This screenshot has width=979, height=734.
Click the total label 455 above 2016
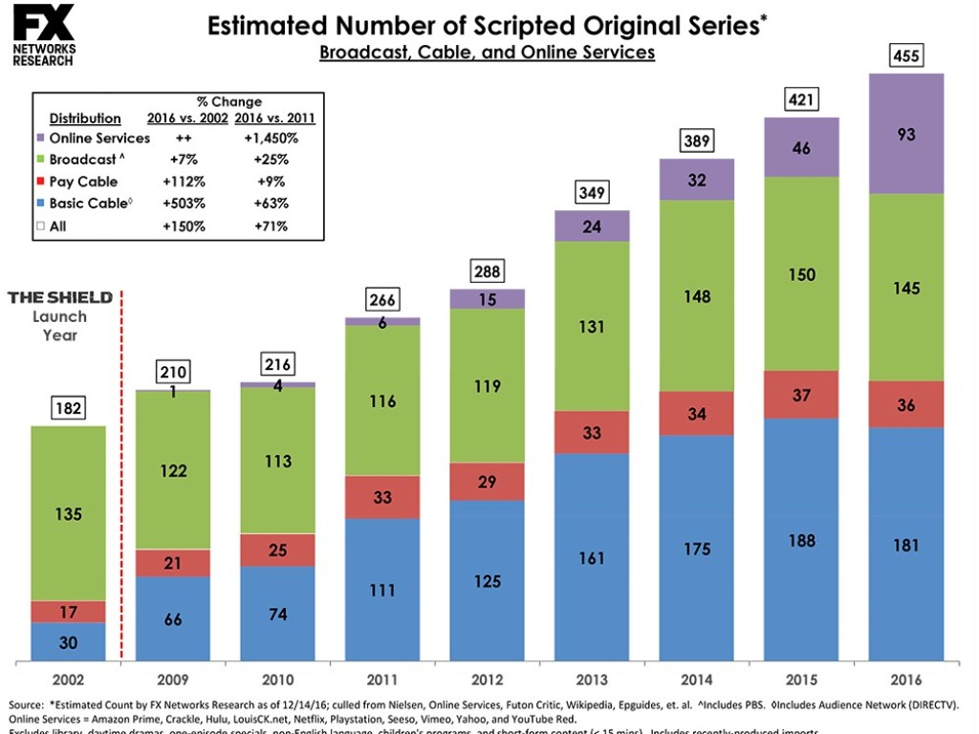tap(905, 55)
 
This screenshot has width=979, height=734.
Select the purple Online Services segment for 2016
tap(905, 134)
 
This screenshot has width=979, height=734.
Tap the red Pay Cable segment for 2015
tap(801, 395)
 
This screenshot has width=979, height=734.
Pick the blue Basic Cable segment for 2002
tap(69, 641)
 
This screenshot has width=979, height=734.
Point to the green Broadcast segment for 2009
tap(173, 469)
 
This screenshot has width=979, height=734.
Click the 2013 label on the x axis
tap(592, 680)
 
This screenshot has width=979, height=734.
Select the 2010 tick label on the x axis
tap(278, 680)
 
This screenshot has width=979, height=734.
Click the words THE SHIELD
tap(60, 297)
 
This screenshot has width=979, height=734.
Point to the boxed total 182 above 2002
tap(69, 409)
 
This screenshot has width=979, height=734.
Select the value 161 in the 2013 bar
tap(592, 557)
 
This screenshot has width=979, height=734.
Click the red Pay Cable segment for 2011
tap(382, 497)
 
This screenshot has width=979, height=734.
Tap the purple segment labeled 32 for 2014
tap(697, 180)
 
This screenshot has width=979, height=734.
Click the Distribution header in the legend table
tap(85, 119)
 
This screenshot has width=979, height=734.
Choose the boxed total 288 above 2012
tap(488, 272)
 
